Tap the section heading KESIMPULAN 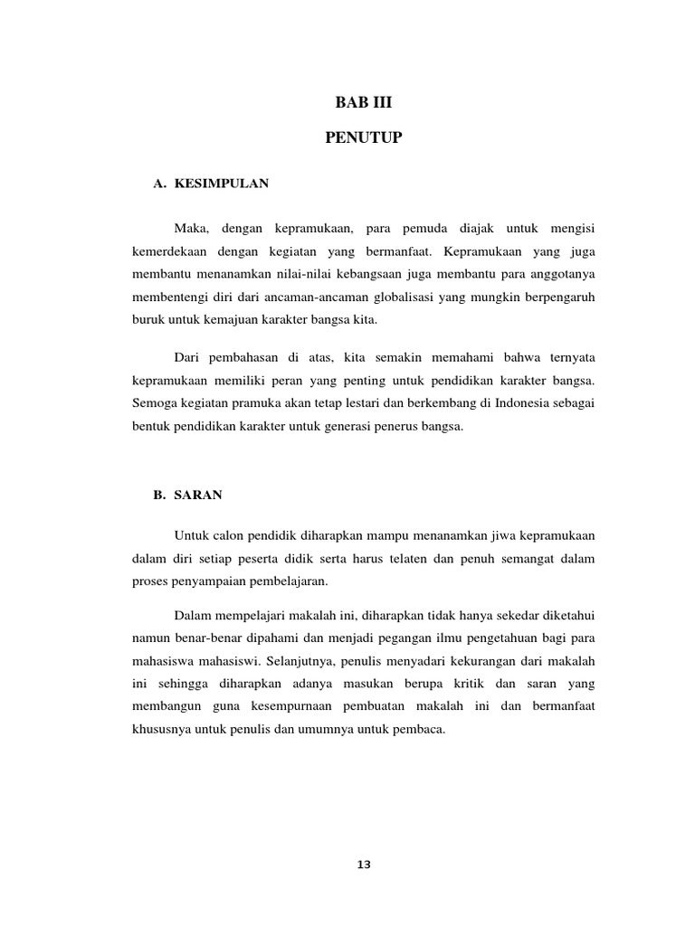pyautogui.click(x=222, y=183)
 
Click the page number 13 pyautogui.click(x=364, y=865)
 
